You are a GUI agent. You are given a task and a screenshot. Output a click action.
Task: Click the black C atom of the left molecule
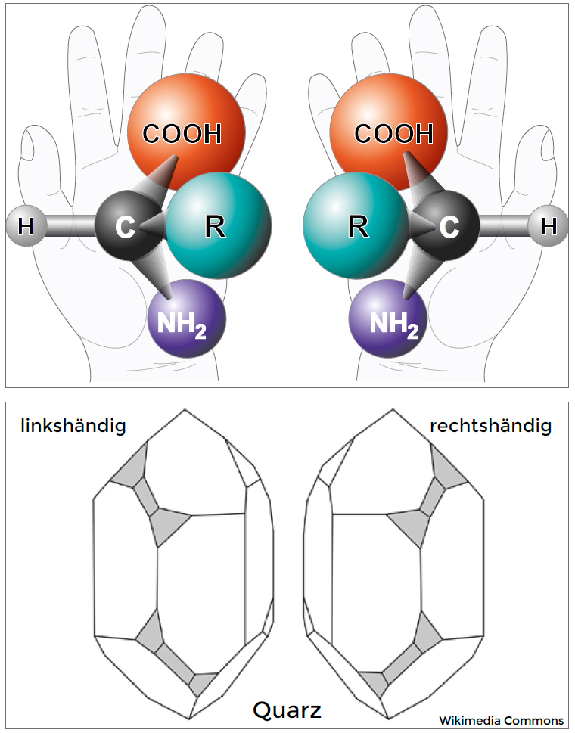tap(123, 226)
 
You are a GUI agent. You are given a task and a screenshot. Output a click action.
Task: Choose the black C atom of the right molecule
tap(451, 226)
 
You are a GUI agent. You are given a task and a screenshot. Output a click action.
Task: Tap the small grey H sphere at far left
tap(26, 226)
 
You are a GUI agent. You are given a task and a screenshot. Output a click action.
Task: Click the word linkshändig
tap(73, 426)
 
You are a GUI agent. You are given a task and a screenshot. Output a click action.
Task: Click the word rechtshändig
tap(490, 426)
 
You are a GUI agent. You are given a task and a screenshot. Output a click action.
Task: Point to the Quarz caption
tap(287, 710)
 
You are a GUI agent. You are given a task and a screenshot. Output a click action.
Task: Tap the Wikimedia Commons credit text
tap(502, 720)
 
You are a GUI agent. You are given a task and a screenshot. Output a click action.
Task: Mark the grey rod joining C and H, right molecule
tap(504, 226)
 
